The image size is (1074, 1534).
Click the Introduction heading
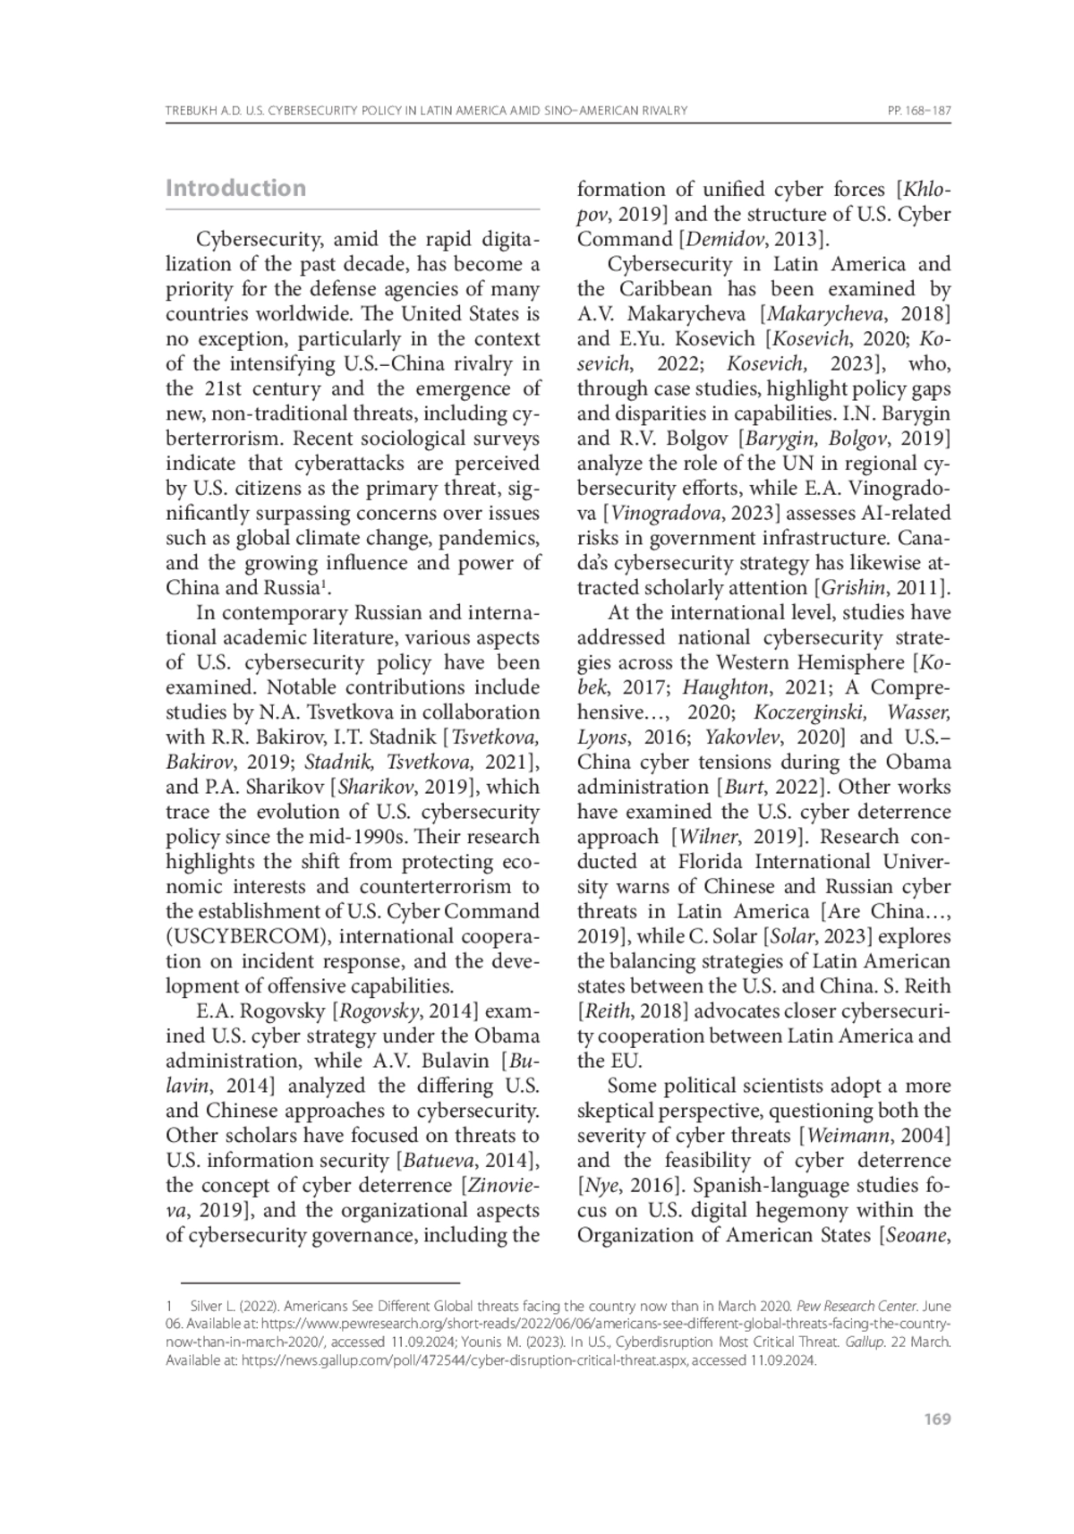[235, 188]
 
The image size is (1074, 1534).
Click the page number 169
[937, 1419]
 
